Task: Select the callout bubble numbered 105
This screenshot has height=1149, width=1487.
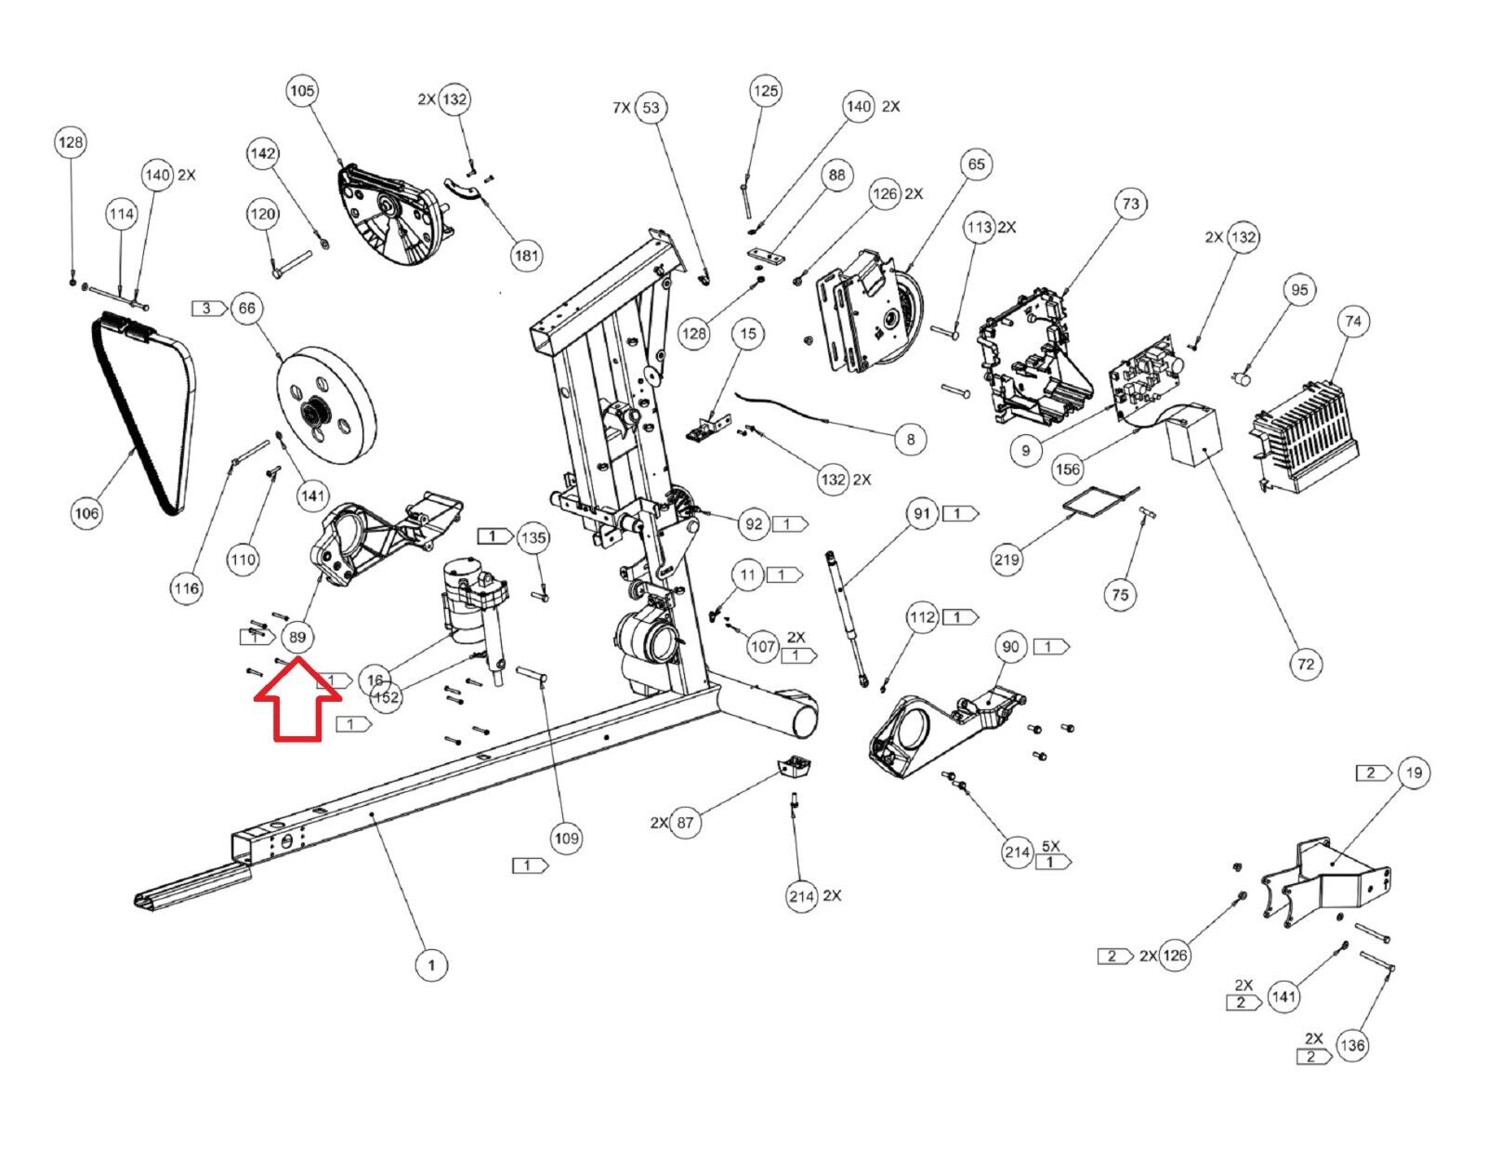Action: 302,91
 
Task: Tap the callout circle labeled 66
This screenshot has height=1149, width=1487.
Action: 247,309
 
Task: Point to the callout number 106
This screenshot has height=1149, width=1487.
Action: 87,513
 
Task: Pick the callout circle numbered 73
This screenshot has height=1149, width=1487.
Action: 1130,204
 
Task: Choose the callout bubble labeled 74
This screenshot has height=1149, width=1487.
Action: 1353,322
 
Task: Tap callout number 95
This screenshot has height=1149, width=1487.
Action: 1299,290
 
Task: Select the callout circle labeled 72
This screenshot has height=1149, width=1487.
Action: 1306,664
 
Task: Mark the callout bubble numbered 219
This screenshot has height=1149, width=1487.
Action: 1007,560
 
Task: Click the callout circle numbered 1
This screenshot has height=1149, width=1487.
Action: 431,966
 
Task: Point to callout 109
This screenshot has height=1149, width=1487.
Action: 566,839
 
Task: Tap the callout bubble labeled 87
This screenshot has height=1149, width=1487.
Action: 685,823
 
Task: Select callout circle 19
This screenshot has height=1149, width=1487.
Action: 1414,773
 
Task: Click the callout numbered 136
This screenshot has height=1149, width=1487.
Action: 1352,1046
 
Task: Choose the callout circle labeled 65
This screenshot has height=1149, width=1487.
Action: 977,165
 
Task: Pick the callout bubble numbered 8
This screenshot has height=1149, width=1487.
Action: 910,440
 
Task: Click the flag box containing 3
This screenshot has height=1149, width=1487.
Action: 209,309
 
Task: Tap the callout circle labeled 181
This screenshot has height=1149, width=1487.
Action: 526,256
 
